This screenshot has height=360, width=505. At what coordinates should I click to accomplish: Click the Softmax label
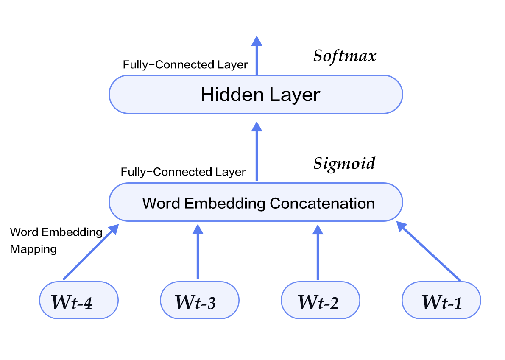345,56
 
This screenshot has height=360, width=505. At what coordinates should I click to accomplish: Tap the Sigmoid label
344,164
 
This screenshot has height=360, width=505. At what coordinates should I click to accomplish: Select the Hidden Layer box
256,95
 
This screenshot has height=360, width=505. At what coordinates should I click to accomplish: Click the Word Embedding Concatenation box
256,202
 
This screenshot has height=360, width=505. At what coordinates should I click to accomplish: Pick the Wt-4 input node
79,301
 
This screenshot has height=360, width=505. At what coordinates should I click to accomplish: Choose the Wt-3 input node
200,301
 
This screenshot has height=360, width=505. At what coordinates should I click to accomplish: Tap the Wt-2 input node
321,301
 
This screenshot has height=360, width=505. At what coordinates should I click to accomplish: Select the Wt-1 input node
441,301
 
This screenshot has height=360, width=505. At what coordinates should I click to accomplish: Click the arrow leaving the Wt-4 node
91,252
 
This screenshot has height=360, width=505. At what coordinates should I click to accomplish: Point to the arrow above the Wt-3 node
198,252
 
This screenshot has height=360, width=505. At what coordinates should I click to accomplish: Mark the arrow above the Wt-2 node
318,252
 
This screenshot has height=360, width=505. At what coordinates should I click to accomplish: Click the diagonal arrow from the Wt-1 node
429,251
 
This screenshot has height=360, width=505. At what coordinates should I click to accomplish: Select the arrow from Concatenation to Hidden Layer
257,151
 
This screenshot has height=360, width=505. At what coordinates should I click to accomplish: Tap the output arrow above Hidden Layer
257,56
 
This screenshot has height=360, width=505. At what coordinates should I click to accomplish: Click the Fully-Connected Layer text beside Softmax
185,65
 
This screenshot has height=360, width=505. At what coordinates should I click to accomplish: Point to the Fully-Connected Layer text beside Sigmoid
183,172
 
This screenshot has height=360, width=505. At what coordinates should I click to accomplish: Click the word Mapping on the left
33,250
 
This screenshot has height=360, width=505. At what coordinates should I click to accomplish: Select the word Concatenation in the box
322,204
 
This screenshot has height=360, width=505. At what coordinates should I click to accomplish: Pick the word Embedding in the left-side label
72,232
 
